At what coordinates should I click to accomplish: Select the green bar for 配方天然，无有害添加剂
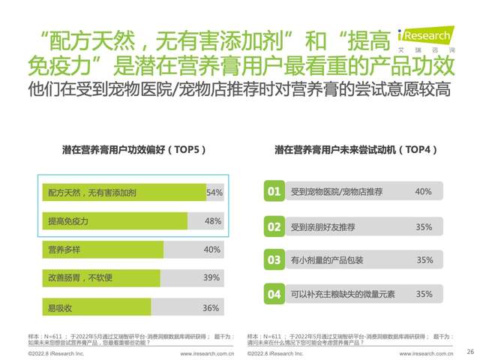[123, 193]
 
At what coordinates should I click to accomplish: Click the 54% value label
[214, 193]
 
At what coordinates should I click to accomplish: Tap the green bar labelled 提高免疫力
[114, 220]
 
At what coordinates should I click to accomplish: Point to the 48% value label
[213, 220]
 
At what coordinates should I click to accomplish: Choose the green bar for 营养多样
[102, 249]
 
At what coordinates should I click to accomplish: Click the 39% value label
[211, 277]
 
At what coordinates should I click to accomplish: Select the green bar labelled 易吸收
[96, 307]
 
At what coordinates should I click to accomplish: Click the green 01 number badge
[274, 192]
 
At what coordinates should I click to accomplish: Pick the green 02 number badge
[274, 226]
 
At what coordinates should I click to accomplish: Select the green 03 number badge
[274, 260]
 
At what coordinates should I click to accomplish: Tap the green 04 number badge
[274, 294]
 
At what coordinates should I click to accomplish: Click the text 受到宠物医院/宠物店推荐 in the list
[337, 192]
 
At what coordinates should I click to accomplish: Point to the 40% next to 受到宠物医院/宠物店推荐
[423, 192]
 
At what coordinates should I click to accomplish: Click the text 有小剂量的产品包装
[327, 260]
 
